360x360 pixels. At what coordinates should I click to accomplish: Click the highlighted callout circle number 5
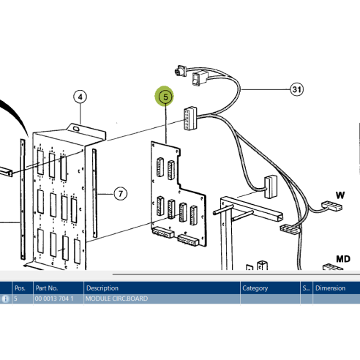(x=165, y=97)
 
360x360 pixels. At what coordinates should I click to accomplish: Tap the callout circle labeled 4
(x=80, y=97)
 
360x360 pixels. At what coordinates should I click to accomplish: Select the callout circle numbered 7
(x=121, y=194)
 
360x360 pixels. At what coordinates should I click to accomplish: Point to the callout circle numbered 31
(x=297, y=89)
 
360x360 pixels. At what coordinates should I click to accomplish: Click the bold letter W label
(x=340, y=195)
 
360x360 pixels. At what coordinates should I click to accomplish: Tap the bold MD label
(x=343, y=259)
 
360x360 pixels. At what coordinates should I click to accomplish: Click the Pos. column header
(x=20, y=288)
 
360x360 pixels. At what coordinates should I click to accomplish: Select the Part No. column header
(x=47, y=288)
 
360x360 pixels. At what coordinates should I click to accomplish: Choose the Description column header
(x=102, y=288)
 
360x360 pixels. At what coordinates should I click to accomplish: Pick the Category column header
(x=255, y=288)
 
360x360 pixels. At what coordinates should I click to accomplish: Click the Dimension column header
(x=331, y=288)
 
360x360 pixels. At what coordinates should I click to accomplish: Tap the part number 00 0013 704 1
(x=54, y=299)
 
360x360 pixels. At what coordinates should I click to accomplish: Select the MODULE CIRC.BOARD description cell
(x=116, y=299)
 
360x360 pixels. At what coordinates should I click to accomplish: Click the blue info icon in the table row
(x=5, y=299)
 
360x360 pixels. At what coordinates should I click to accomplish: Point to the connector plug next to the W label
(x=332, y=206)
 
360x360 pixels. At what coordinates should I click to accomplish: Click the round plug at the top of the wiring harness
(x=180, y=71)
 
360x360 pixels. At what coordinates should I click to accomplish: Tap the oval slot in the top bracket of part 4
(x=76, y=129)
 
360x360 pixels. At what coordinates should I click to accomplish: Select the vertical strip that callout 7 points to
(x=94, y=193)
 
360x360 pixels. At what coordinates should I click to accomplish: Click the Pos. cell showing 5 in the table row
(x=15, y=299)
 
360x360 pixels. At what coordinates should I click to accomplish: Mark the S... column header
(x=306, y=288)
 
